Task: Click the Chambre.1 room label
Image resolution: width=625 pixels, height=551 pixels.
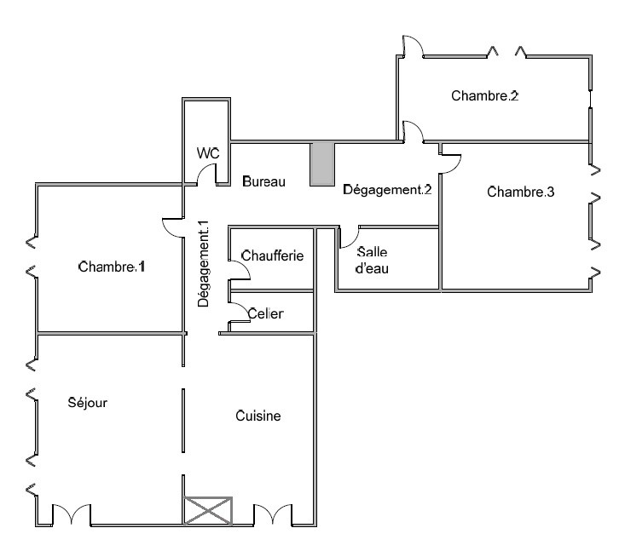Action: click(x=112, y=267)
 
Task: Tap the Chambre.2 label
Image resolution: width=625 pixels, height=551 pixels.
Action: click(x=484, y=95)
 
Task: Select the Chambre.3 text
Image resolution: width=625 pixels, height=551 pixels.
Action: click(x=521, y=192)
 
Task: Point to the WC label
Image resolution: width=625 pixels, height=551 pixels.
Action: click(x=208, y=153)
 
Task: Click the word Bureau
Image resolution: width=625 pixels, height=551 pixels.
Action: click(x=263, y=181)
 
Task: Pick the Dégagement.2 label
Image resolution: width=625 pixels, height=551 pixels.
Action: click(x=387, y=190)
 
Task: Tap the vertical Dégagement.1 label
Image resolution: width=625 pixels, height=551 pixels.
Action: click(x=203, y=264)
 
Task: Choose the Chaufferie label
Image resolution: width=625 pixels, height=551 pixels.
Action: click(x=272, y=255)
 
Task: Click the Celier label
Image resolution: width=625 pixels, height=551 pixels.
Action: click(x=265, y=313)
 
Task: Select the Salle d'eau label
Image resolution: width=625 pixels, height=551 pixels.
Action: click(x=372, y=261)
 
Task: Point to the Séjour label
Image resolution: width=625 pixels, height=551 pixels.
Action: click(x=87, y=403)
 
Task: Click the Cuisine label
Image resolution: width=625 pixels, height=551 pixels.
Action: click(x=258, y=416)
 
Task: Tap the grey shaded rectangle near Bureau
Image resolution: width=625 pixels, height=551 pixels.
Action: click(x=322, y=164)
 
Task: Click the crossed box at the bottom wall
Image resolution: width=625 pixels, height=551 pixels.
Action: click(x=208, y=511)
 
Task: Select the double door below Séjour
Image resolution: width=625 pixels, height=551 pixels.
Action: click(x=72, y=514)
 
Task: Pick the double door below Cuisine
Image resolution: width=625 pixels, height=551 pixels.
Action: click(x=273, y=514)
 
